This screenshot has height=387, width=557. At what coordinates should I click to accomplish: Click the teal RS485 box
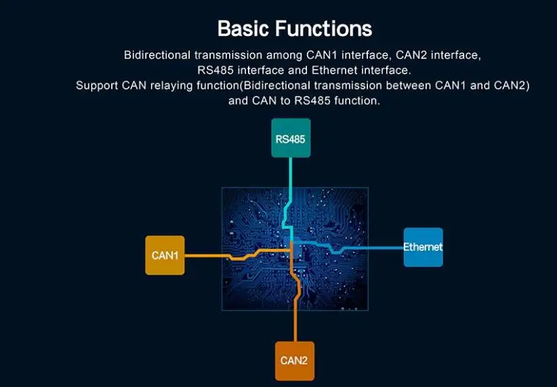(291, 139)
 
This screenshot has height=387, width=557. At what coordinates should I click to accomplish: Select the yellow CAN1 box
(165, 255)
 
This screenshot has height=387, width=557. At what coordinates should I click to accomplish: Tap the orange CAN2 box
(294, 361)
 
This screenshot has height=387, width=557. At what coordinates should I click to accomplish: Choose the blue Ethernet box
(423, 247)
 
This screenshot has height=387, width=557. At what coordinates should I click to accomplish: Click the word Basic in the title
(245, 29)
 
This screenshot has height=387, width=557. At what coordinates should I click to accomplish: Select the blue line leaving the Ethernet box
(379, 247)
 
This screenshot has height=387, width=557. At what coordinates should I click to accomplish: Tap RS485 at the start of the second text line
(205, 70)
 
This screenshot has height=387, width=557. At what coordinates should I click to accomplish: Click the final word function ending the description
(356, 101)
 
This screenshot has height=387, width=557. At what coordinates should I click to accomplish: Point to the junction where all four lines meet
(291, 246)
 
